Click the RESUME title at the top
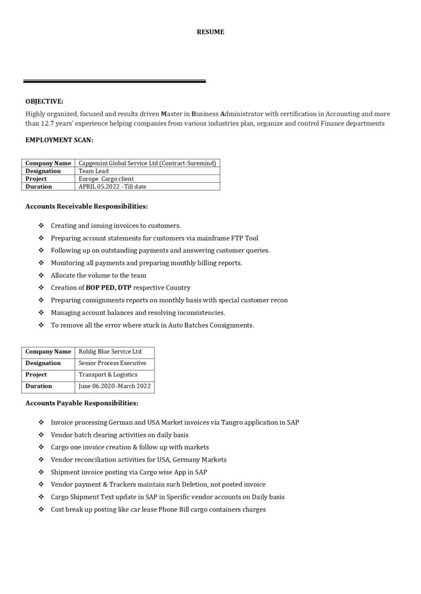click(x=210, y=32)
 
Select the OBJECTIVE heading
click(x=45, y=101)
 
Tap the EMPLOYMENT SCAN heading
click(x=59, y=140)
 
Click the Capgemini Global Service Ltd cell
click(x=147, y=164)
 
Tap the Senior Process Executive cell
click(x=112, y=363)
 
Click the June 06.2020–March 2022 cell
click(x=114, y=386)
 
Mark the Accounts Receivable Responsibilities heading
click(x=87, y=206)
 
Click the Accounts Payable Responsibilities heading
click(x=82, y=403)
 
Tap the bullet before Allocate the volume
click(x=41, y=276)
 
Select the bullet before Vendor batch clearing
click(x=41, y=435)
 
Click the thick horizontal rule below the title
click(x=114, y=82)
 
